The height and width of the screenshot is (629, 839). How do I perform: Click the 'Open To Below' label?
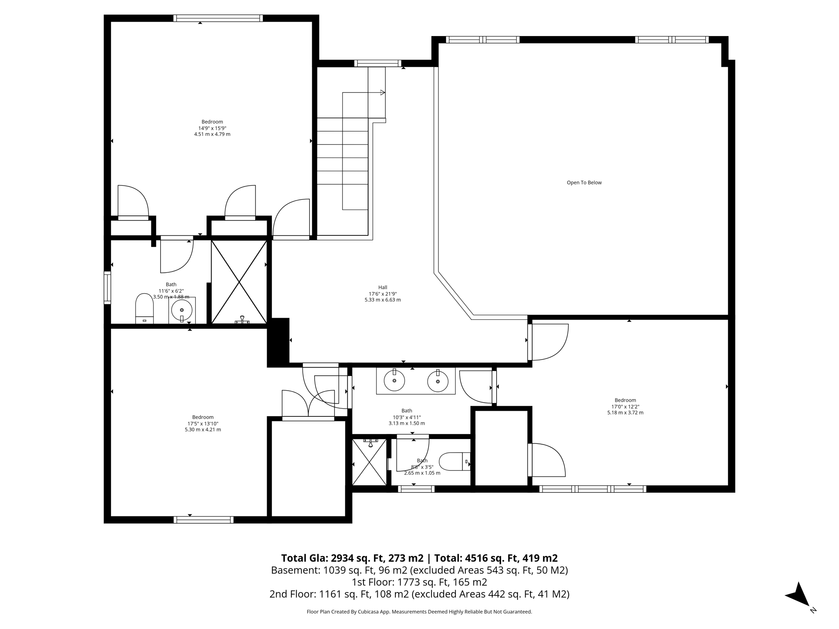tap(584, 183)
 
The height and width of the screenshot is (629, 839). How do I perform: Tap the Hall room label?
tap(383, 287)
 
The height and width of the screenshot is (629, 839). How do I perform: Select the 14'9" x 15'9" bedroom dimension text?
tap(212, 128)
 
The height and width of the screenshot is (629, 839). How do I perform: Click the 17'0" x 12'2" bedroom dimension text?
tap(625, 407)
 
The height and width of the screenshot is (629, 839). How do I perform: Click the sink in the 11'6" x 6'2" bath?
tap(181, 310)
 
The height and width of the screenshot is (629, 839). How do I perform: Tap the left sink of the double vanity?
tap(394, 380)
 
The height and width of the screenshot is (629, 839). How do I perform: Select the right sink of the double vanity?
tap(438, 381)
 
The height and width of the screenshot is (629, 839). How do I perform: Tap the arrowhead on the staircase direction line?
tap(383, 93)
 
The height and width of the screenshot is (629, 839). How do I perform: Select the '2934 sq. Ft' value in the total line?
tap(356, 558)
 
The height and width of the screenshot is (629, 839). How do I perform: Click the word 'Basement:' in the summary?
tap(295, 570)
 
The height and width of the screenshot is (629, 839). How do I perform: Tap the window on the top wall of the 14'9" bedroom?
tap(218, 18)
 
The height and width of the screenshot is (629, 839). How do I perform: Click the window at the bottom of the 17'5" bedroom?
tap(204, 520)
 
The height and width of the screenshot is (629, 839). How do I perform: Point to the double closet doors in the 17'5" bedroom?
tap(308, 404)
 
